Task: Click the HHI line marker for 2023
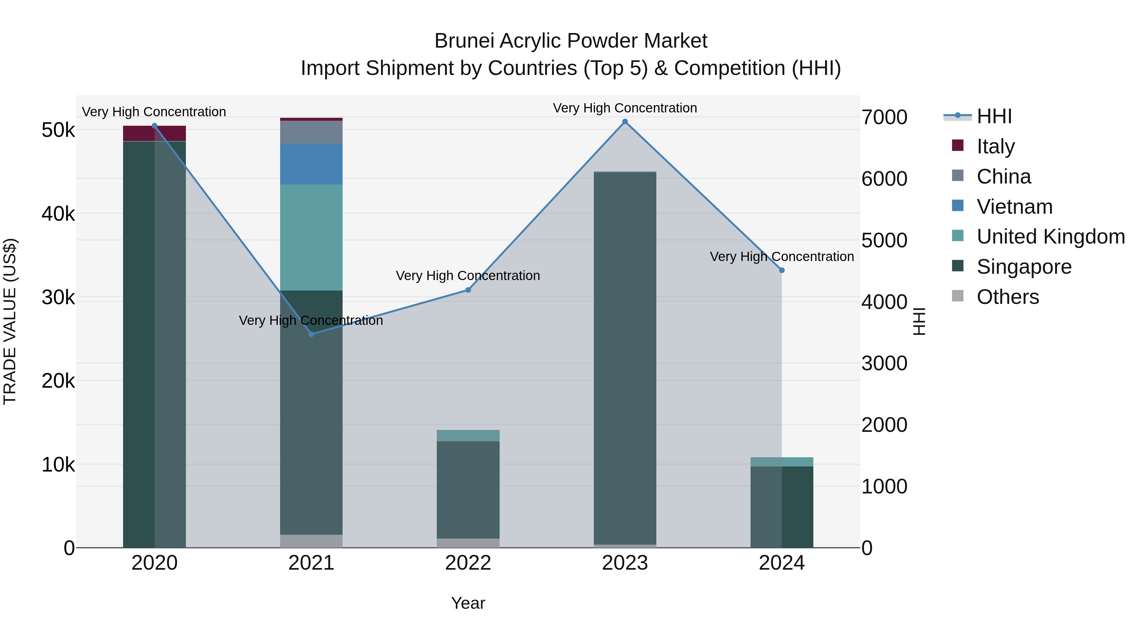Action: (x=625, y=122)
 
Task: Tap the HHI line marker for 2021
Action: (x=311, y=334)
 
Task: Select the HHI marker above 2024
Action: (x=782, y=270)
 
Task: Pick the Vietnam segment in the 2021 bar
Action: (x=311, y=164)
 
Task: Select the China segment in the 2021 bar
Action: (x=311, y=132)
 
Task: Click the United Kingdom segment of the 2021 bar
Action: (x=311, y=238)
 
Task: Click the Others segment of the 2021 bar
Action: (x=311, y=541)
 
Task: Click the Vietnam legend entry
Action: (x=1014, y=207)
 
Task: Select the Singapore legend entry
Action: (x=1024, y=267)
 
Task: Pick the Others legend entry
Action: (x=1008, y=297)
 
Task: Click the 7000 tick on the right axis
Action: (x=884, y=117)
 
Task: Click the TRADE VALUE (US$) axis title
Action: (x=10, y=321)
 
